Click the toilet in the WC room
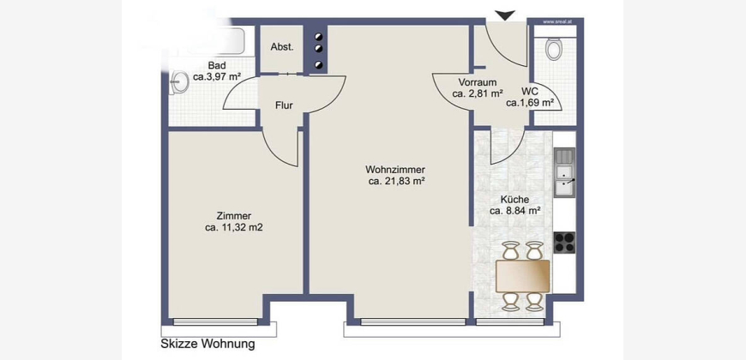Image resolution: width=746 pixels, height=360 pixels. coord(553,49)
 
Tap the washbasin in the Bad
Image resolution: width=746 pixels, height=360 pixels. coord(179,81)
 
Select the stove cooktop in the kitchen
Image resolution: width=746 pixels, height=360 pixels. coord(564,243)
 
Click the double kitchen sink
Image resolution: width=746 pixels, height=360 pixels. coord(565,172)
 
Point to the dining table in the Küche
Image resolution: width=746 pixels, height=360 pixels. coord(522,276)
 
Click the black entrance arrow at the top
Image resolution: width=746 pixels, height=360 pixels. coord(505,15)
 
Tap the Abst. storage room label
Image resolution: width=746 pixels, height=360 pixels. coord(282,47)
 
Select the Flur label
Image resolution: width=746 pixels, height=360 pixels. coord(284,105)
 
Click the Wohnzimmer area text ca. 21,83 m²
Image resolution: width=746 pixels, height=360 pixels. coord(396,181)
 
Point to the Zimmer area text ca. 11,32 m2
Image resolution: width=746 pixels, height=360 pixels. coord(234,228)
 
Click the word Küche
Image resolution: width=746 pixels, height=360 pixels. coord(515,200)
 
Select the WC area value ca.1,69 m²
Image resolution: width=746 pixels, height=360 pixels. coord(530,103)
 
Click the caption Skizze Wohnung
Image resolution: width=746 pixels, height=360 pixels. coord(208,344)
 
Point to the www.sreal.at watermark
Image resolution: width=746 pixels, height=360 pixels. coord(556,21)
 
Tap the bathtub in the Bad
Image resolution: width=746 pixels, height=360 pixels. coord(206,41)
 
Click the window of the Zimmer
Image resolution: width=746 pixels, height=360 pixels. coord(215,322)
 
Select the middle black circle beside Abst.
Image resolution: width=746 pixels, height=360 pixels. coord(319,49)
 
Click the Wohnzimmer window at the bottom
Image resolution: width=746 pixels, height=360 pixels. coord(413,322)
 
